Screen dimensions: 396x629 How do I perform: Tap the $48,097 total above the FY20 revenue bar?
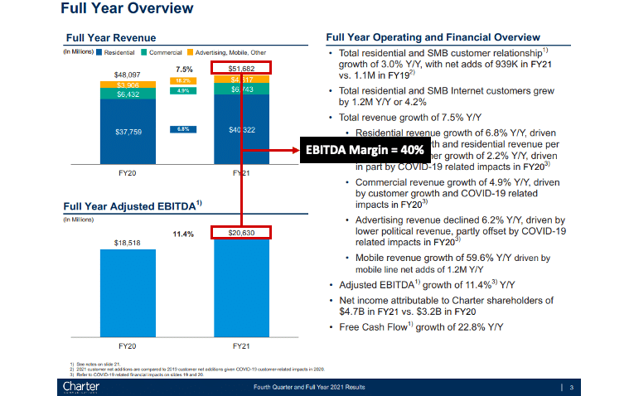click(x=128, y=75)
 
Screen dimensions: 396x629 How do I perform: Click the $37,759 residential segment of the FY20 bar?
click(x=128, y=131)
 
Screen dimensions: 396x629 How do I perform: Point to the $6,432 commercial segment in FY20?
click(x=128, y=94)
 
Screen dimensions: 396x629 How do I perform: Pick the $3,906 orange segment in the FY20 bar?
click(x=128, y=85)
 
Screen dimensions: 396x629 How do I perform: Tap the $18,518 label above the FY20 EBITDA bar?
click(x=128, y=243)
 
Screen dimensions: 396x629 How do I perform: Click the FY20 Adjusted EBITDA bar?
click(x=128, y=290)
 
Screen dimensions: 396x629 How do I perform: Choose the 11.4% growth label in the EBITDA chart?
click(x=183, y=234)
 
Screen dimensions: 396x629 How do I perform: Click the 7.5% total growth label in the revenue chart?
click(x=183, y=69)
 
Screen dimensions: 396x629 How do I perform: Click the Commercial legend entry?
click(x=165, y=52)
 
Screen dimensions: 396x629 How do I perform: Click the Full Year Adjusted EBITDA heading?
click(x=121, y=205)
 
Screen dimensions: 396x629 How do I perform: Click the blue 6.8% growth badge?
click(x=182, y=129)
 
